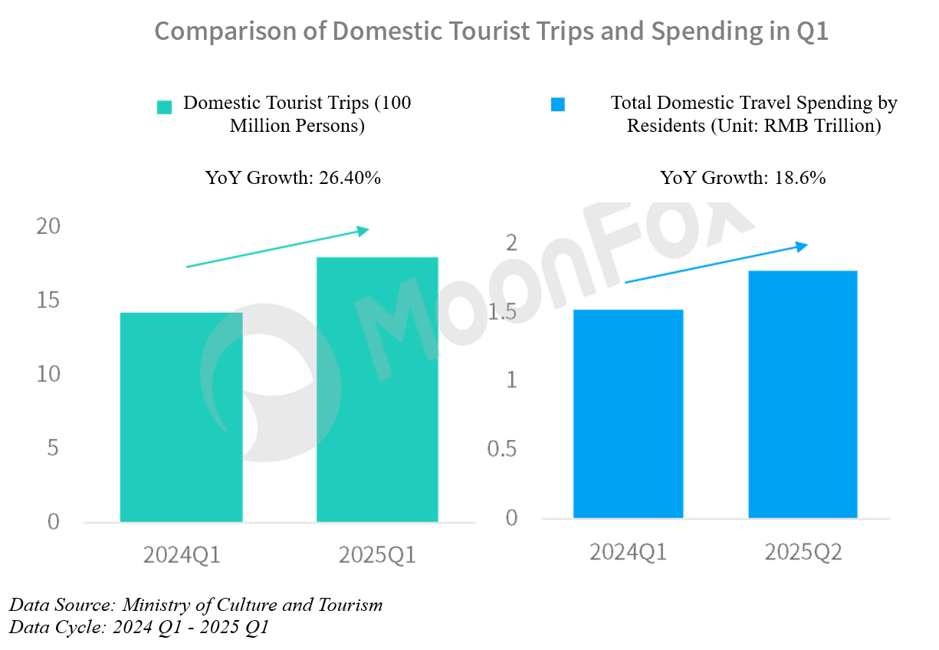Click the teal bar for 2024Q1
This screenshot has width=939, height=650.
(182, 417)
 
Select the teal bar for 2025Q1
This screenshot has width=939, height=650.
(377, 389)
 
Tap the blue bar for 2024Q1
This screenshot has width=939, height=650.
(629, 414)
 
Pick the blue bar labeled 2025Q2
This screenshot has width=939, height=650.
(803, 394)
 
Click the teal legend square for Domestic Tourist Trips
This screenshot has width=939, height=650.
(164, 107)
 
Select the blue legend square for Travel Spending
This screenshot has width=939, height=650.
(558, 104)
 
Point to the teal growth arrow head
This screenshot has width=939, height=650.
(364, 230)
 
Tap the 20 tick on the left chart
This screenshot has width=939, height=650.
(48, 226)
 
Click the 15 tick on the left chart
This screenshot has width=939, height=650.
(48, 300)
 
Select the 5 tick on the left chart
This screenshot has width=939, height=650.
(53, 448)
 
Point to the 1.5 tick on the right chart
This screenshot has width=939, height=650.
(502, 313)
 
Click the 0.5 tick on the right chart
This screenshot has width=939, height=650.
(502, 448)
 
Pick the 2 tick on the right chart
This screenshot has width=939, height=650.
(512, 243)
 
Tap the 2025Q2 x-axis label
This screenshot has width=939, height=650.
(803, 552)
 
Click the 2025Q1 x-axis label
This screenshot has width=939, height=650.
(377, 555)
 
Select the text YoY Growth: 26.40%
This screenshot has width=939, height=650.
(293, 179)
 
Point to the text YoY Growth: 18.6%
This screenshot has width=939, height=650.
(743, 179)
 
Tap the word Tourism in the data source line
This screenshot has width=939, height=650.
(350, 605)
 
